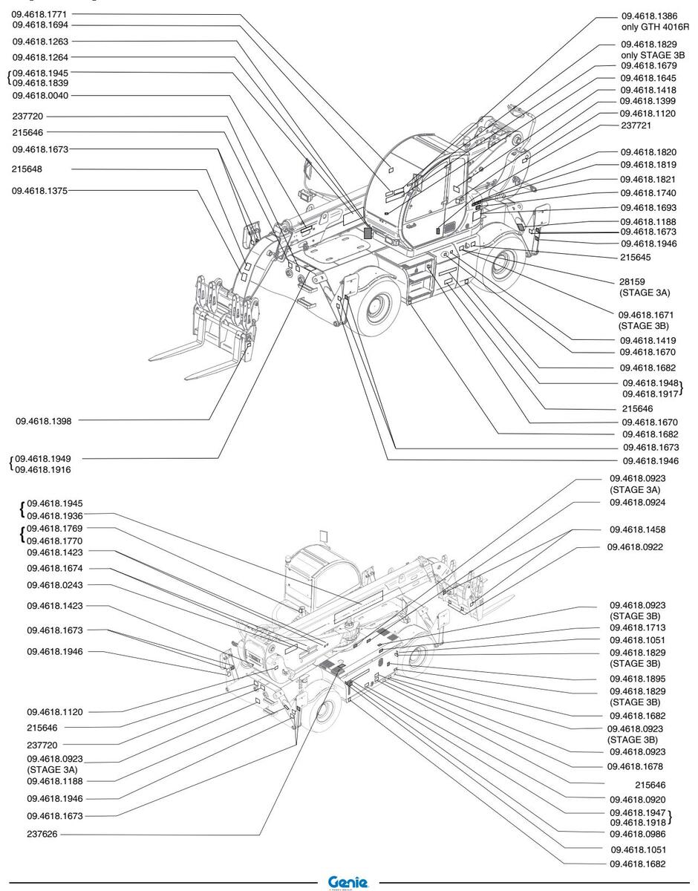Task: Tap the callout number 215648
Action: pyautogui.click(x=27, y=169)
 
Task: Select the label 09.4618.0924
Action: pyautogui.click(x=637, y=503)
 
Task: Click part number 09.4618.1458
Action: pyautogui.click(x=637, y=530)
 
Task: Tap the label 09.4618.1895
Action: pyautogui.click(x=637, y=679)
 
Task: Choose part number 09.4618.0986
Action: pyautogui.click(x=637, y=833)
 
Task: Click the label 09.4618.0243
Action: pyautogui.click(x=55, y=586)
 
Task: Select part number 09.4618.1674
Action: pyautogui.click(x=55, y=569)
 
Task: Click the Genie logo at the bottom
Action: pyautogui.click(x=348, y=881)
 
